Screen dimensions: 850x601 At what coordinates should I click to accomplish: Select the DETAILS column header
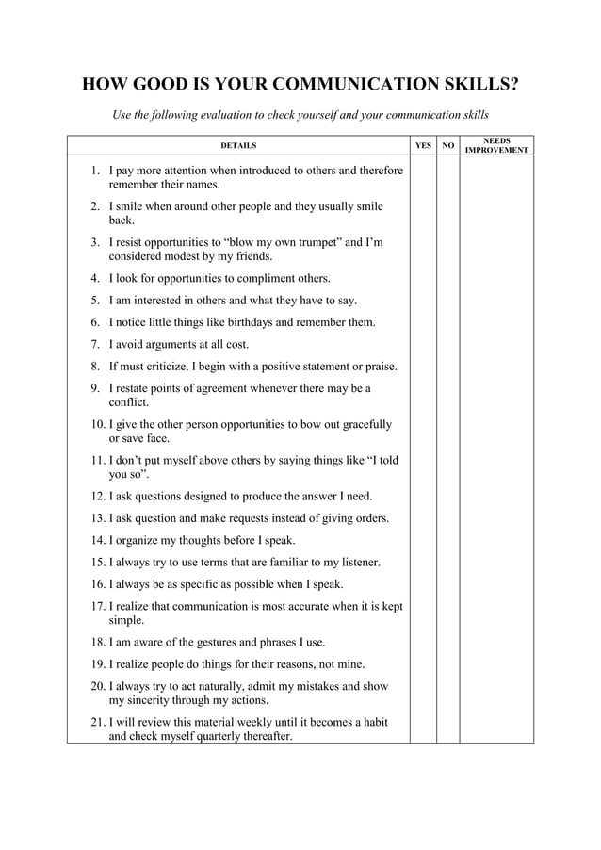click(237, 146)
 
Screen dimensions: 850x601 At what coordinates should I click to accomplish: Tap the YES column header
click(423, 146)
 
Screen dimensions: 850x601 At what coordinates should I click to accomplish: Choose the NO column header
click(447, 146)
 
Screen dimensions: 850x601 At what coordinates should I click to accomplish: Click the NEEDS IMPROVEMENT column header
click(496, 146)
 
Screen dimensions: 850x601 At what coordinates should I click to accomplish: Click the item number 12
click(98, 496)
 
